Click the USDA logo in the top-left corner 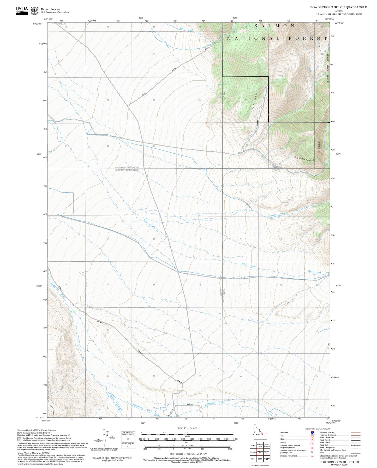22,9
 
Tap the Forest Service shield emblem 34,11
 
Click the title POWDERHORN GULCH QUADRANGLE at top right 338,7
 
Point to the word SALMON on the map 274,26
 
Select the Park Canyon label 254,101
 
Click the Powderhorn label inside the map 304,159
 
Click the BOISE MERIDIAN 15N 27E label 127,167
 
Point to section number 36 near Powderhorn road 199,146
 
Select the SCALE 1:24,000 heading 187,428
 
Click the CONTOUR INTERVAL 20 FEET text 187,454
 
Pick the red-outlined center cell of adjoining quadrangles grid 260,452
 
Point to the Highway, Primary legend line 356,433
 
